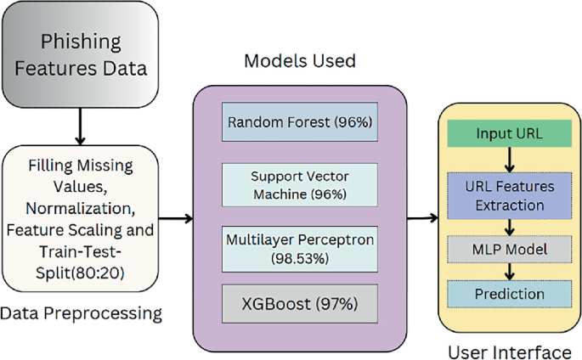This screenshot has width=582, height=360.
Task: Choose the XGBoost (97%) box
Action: click(x=299, y=302)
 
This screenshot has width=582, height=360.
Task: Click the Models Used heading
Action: click(x=299, y=61)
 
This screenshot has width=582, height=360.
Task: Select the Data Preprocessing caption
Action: click(x=81, y=313)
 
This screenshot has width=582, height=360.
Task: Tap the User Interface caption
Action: click(x=510, y=349)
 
